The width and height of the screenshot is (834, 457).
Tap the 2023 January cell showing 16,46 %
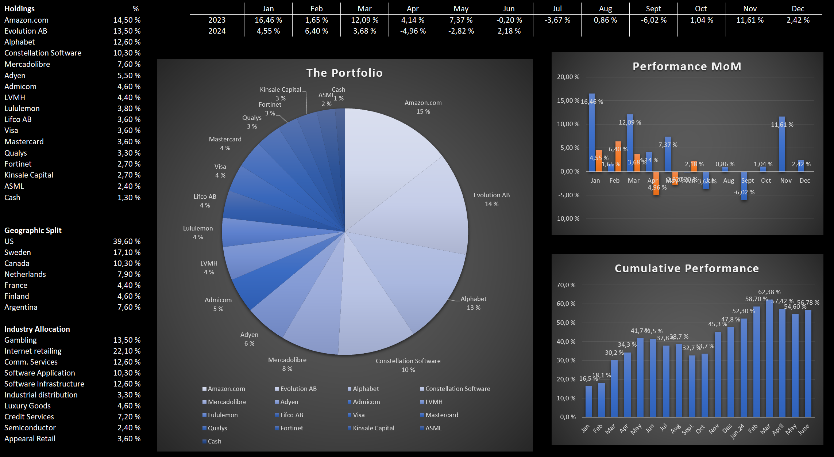click(268, 20)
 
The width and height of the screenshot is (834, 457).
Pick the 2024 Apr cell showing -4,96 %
click(413, 31)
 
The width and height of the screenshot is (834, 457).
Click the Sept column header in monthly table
click(653, 9)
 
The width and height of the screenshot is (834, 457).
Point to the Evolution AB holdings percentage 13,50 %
click(127, 31)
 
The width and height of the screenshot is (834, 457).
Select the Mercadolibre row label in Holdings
click(27, 64)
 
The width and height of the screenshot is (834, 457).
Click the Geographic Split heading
click(33, 231)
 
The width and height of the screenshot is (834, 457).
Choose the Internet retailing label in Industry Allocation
click(33, 351)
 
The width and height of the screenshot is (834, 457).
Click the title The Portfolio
click(344, 73)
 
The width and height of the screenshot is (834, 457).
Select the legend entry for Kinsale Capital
click(373, 428)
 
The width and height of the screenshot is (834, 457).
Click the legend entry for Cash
click(214, 441)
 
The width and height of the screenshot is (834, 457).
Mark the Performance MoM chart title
click(687, 66)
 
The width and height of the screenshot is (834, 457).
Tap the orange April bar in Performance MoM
click(656, 183)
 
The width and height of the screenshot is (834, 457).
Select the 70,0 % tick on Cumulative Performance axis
click(566, 285)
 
